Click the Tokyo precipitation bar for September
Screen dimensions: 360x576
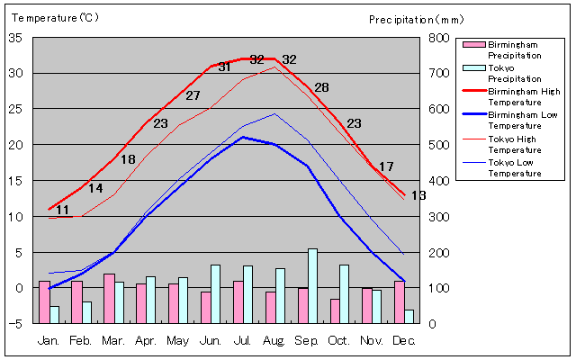click(x=313, y=286)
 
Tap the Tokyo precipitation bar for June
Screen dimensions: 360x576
click(x=216, y=294)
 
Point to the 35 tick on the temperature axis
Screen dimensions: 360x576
click(x=15, y=38)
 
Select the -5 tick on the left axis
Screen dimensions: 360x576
click(x=15, y=324)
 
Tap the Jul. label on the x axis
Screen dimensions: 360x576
click(x=243, y=341)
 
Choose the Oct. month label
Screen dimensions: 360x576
click(x=340, y=341)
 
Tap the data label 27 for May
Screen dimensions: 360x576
click(x=193, y=95)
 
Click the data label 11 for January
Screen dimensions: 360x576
click(x=62, y=210)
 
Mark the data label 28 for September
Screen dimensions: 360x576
click(x=321, y=87)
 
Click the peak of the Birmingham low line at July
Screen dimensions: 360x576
click(x=242, y=137)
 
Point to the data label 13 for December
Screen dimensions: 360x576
click(x=418, y=195)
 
